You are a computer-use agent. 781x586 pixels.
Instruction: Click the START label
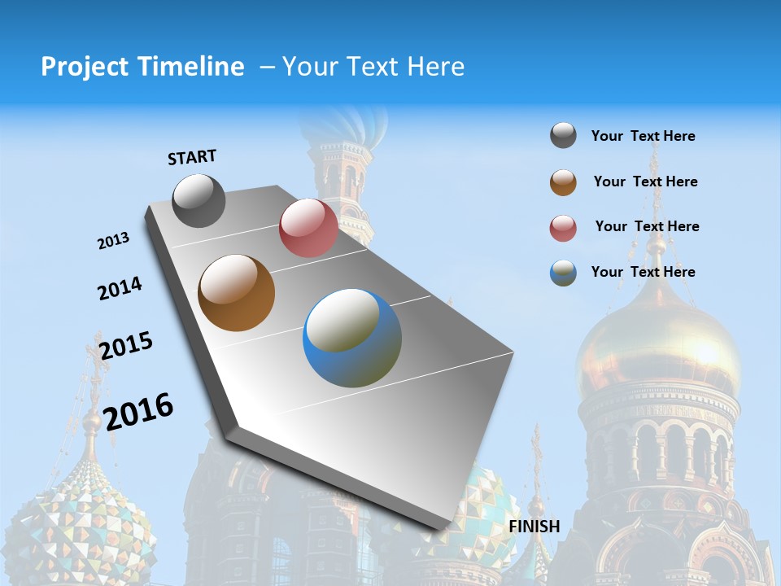(192, 157)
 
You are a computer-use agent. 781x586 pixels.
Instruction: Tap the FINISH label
(534, 526)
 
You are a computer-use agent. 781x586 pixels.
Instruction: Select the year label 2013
(113, 241)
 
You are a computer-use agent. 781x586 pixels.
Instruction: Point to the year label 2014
(120, 288)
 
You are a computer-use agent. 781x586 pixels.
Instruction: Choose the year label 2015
(126, 345)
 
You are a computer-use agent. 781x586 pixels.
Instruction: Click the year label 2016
(139, 411)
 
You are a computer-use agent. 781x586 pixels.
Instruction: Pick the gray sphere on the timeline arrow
(199, 200)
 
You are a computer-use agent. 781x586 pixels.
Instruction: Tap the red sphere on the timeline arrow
(308, 228)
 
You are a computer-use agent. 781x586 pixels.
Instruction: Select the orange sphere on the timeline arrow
(236, 293)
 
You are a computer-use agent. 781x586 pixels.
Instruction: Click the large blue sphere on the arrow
(352, 338)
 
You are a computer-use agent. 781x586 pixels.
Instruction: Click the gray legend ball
(563, 136)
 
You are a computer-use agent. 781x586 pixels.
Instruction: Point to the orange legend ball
(563, 182)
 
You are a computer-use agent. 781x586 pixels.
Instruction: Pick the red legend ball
(563, 228)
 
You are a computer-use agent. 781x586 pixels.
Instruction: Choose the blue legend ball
(563, 273)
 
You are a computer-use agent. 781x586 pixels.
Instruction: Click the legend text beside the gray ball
(643, 136)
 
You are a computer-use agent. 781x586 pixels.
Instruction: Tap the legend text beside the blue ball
(643, 272)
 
